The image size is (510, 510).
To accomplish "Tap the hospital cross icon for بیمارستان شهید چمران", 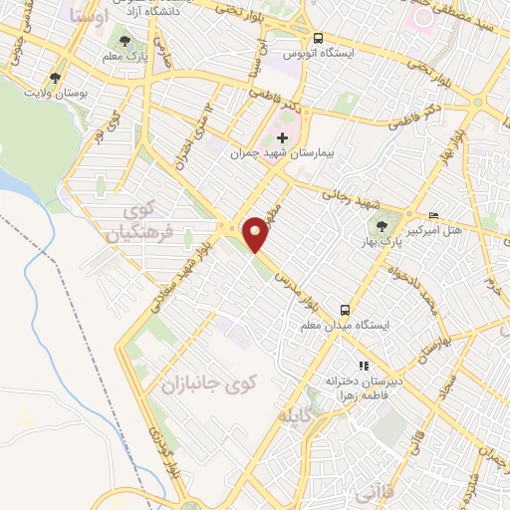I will point(282,137).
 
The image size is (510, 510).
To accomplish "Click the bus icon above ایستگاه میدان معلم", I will point(345,309).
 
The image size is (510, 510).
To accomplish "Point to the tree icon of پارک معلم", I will point(124,42).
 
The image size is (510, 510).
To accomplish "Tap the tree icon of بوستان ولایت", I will point(56,76).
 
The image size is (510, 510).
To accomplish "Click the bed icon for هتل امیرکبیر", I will point(432,216).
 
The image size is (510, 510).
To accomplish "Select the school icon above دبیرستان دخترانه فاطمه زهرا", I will point(364,366).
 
